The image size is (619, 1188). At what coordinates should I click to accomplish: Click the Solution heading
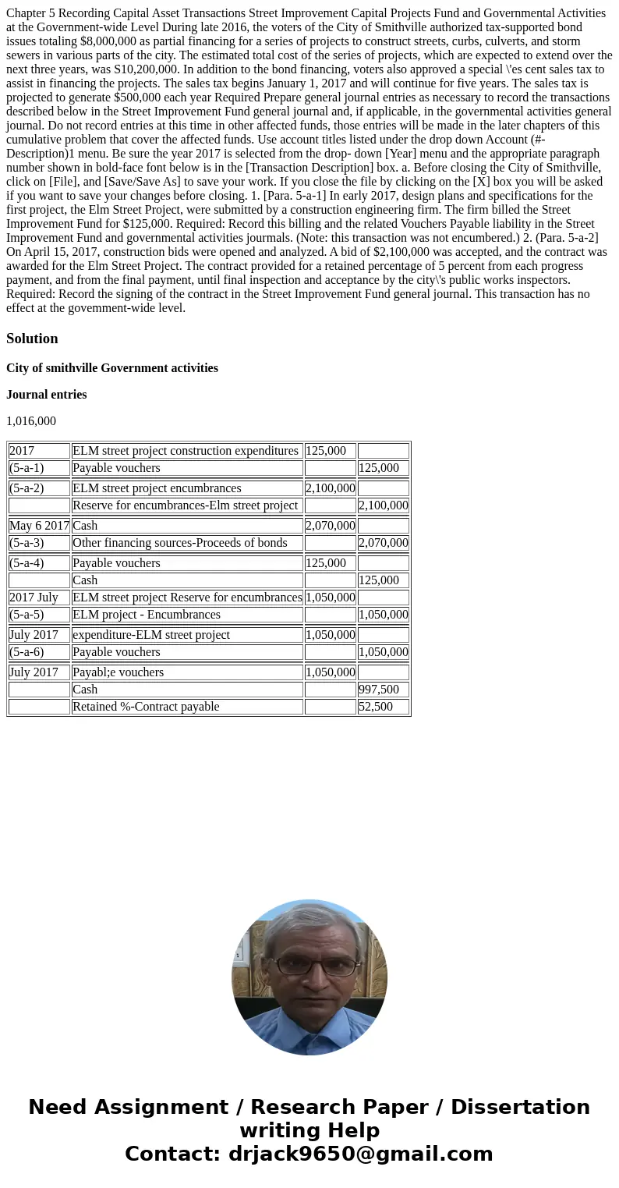(x=32, y=339)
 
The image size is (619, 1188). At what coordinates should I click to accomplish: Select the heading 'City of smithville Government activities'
(x=111, y=368)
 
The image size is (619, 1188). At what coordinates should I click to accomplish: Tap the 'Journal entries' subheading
(x=46, y=395)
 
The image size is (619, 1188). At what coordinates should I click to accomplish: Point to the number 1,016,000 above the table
(x=31, y=421)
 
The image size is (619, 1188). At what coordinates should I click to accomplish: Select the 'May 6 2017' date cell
(x=39, y=526)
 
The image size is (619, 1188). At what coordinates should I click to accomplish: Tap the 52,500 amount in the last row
(x=375, y=707)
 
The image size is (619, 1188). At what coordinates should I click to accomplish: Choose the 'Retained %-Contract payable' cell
(x=146, y=707)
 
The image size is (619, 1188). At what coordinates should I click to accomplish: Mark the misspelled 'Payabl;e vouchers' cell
(x=118, y=672)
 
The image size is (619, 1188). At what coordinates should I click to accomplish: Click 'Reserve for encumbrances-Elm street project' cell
(x=185, y=505)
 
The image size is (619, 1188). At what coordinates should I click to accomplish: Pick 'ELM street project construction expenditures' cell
(x=185, y=451)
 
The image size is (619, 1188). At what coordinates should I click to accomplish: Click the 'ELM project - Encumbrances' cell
(x=146, y=615)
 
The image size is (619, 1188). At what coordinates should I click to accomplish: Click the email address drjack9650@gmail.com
(x=360, y=1154)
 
